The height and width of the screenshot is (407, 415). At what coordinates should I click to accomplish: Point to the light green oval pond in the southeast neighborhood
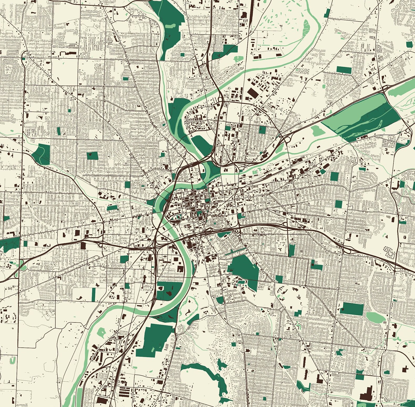pos(376,317)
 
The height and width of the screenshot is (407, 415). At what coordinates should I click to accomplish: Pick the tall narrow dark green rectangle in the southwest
pos(94,294)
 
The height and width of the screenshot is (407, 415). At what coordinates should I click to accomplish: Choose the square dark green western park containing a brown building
pos(92,156)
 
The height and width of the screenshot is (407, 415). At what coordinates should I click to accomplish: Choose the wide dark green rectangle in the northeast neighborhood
pos(344,70)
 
